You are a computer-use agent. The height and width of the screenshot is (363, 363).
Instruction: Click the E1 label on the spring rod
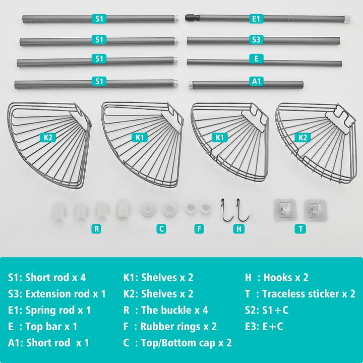pyautogui.click(x=256, y=19)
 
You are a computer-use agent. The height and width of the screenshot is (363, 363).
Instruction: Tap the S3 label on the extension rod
pyautogui.click(x=256, y=40)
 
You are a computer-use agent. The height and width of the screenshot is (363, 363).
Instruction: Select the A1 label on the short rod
pyautogui.click(x=256, y=82)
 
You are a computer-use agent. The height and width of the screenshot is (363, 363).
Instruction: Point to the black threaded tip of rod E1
pyautogui.click(x=192, y=17)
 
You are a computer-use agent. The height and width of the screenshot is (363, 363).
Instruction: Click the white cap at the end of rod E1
pyautogui.click(x=347, y=19)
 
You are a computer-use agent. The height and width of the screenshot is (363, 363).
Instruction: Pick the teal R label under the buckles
pyautogui.click(x=96, y=229)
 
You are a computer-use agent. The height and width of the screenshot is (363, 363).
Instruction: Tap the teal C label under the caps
pyautogui.click(x=161, y=229)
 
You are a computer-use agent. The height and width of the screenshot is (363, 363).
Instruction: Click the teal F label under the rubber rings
pyautogui.click(x=199, y=229)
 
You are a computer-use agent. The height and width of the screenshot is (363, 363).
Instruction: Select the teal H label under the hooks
pyautogui.click(x=238, y=229)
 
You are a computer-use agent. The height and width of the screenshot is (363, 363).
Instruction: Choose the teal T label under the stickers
pyautogui.click(x=300, y=229)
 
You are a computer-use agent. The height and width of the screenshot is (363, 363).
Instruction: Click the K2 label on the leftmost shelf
pyautogui.click(x=48, y=137)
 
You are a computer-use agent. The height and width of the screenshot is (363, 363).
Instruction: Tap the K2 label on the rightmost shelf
pyautogui.click(x=302, y=138)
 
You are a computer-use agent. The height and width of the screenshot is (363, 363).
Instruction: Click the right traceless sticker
pyautogui.click(x=315, y=210)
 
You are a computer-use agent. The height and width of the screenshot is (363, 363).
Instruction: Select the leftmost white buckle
pyautogui.click(x=58, y=211)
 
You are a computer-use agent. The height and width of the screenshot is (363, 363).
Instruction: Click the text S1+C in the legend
pyautogui.click(x=275, y=310)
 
